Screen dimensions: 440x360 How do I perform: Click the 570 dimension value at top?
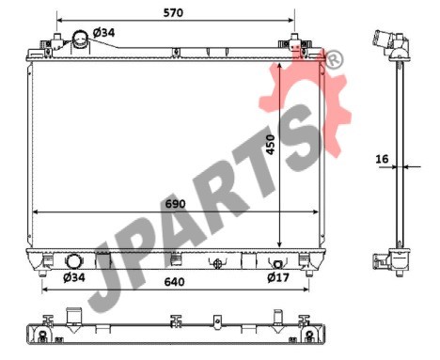(173, 13)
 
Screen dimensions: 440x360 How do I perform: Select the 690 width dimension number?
(176, 204)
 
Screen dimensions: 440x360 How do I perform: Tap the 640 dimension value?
(174, 282)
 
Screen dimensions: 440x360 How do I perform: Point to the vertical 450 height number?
(270, 145)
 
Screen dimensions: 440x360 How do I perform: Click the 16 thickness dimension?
(382, 159)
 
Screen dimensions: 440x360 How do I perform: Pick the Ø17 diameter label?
(278, 277)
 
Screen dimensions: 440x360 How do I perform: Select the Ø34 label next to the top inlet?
(104, 33)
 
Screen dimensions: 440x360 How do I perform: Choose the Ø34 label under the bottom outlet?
(74, 277)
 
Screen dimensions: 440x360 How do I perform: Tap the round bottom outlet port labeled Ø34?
(73, 261)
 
